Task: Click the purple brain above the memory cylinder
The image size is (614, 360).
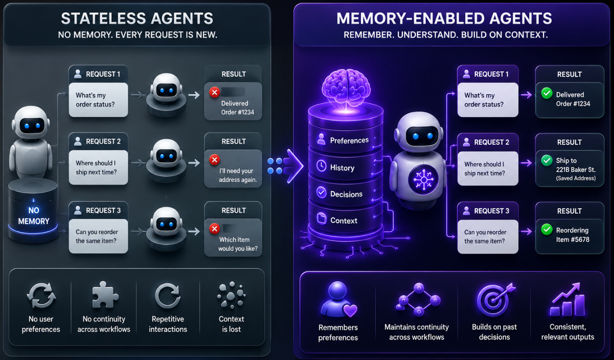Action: [346, 87]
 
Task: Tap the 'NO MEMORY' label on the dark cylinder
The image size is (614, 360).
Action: [34, 216]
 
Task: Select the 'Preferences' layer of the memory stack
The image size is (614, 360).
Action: [345, 141]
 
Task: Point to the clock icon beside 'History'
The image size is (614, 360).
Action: [321, 166]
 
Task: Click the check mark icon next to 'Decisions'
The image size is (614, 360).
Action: [321, 192]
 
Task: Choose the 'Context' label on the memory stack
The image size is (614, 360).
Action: [344, 221]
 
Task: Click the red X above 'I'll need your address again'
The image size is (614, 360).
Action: [215, 160]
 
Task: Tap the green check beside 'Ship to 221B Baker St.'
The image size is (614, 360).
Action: [547, 161]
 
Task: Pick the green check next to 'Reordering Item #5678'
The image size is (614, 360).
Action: [547, 229]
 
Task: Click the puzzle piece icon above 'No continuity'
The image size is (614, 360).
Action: [105, 295]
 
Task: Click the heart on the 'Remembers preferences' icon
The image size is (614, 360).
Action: [350, 311]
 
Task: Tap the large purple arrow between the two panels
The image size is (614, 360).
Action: [286, 166]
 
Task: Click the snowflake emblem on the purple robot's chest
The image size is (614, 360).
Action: [423, 180]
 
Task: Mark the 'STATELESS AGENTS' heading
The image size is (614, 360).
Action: [137, 19]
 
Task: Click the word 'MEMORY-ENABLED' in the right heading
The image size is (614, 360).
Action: [411, 19]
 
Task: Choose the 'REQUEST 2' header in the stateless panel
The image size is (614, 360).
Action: [103, 142]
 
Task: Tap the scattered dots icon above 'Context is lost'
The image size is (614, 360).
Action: [231, 294]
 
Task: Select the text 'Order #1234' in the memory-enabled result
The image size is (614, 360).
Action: [573, 104]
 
